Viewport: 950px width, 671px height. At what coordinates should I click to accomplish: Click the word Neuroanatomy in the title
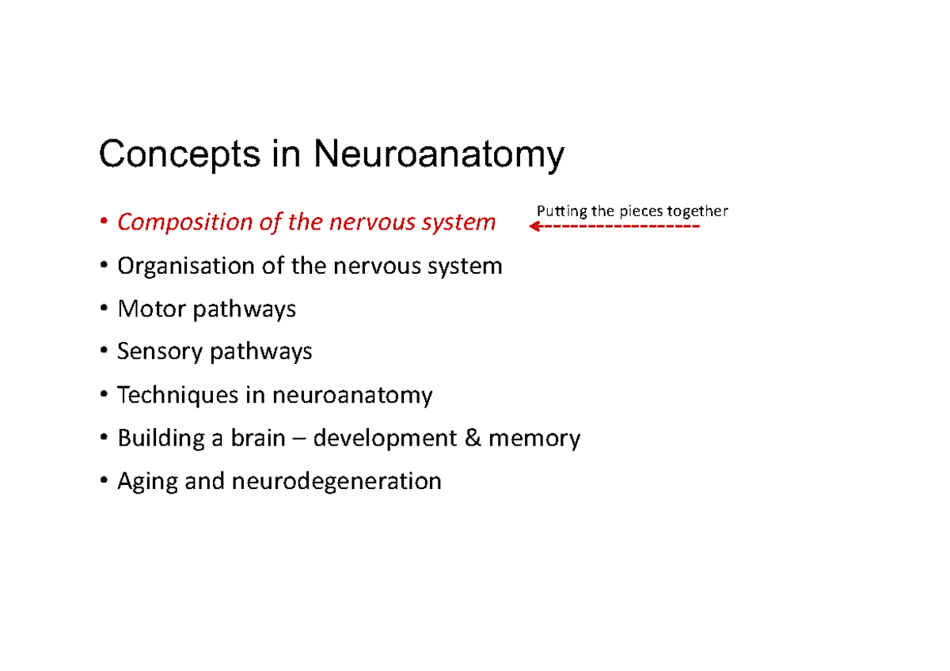[x=439, y=155]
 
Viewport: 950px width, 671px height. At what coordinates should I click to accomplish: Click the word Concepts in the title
[x=179, y=155]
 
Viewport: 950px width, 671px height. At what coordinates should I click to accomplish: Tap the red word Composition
[x=184, y=222]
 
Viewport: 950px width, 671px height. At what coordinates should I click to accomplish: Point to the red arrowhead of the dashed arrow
[x=534, y=227]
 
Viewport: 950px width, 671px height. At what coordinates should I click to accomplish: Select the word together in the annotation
[x=697, y=211]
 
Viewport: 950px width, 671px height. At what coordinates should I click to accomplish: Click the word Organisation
[x=187, y=266]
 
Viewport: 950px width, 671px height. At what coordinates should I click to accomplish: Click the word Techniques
[x=179, y=394]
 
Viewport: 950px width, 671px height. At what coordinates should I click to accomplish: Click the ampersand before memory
[x=473, y=438]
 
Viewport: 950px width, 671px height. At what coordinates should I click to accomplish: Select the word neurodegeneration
[x=336, y=481]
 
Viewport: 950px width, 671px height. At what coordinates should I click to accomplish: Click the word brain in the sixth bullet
[x=258, y=438]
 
